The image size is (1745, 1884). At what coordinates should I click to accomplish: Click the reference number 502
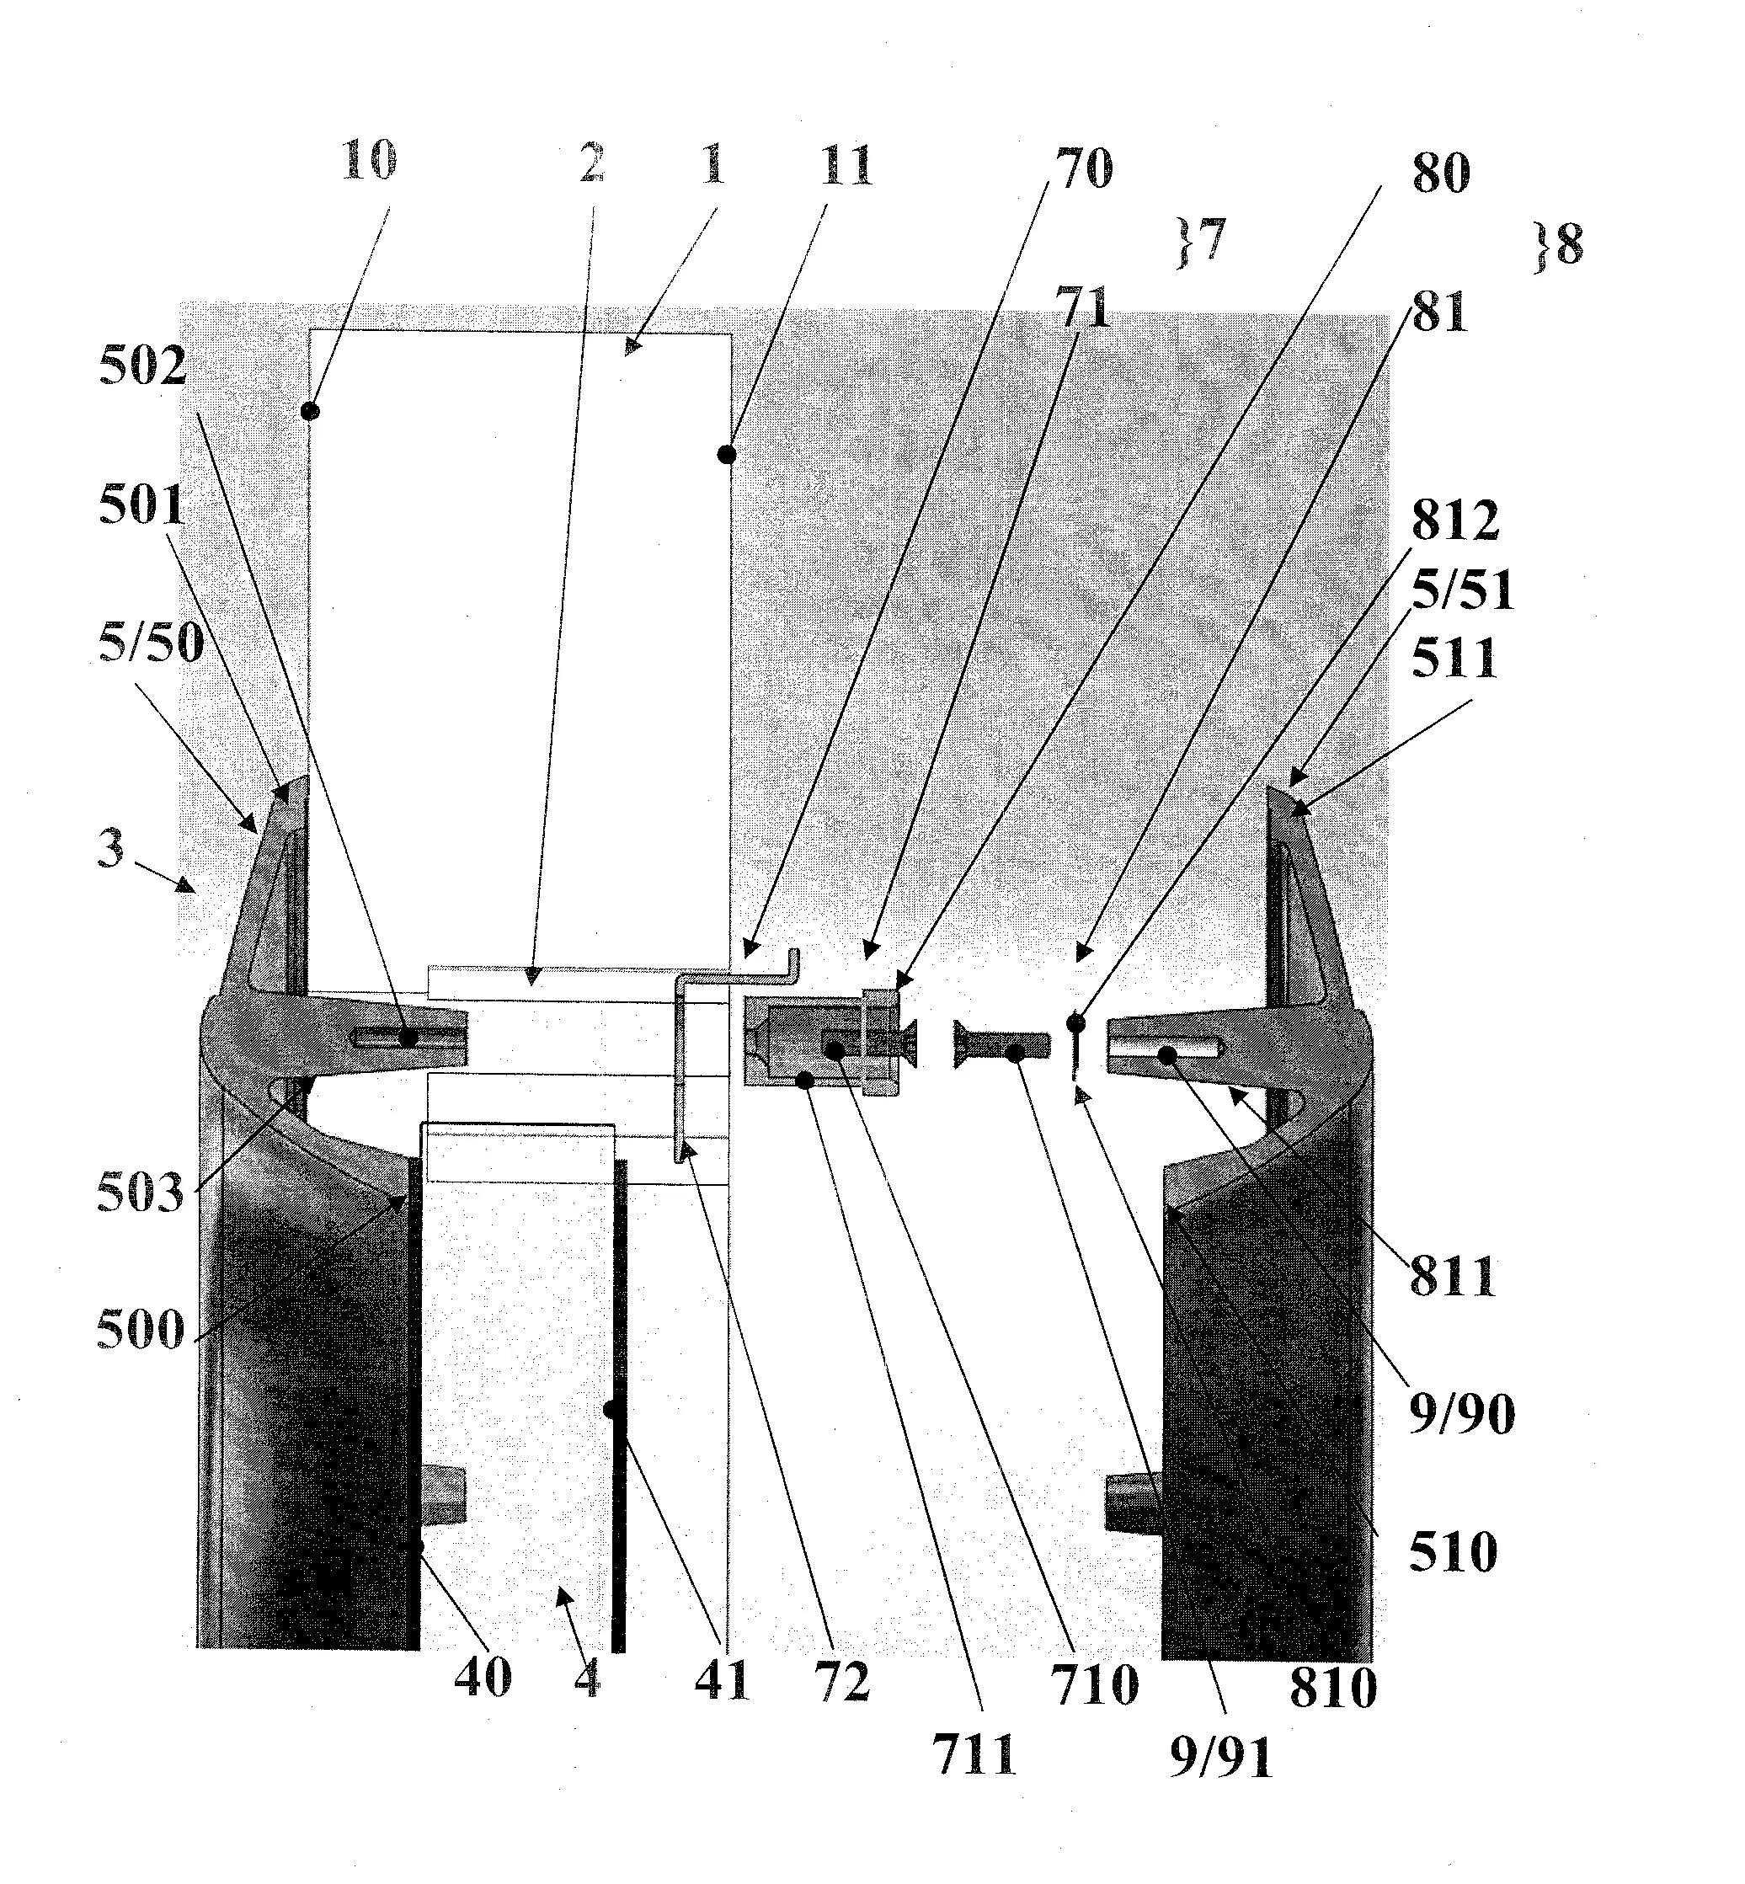[x=142, y=366]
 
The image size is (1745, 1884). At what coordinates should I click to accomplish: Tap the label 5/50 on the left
[x=151, y=643]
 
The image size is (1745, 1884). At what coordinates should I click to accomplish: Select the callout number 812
[x=1455, y=520]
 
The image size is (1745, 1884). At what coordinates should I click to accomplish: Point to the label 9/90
[x=1462, y=1414]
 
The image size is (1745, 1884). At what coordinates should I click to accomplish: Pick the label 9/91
[x=1222, y=1759]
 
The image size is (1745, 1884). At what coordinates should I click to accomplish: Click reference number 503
[x=141, y=1193]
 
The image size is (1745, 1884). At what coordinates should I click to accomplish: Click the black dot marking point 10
[x=310, y=411]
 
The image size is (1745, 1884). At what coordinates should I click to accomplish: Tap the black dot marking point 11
[x=726, y=455]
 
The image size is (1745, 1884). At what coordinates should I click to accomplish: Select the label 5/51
[x=1463, y=591]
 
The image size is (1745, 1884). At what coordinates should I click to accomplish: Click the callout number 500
[x=141, y=1331]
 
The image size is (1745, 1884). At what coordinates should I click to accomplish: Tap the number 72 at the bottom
[x=841, y=1682]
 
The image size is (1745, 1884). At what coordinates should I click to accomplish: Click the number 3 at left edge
[x=110, y=848]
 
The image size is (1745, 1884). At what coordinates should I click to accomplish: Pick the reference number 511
[x=1454, y=659]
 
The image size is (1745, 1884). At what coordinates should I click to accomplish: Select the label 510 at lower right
[x=1454, y=1551]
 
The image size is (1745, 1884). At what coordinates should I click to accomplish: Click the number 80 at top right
[x=1441, y=173]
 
